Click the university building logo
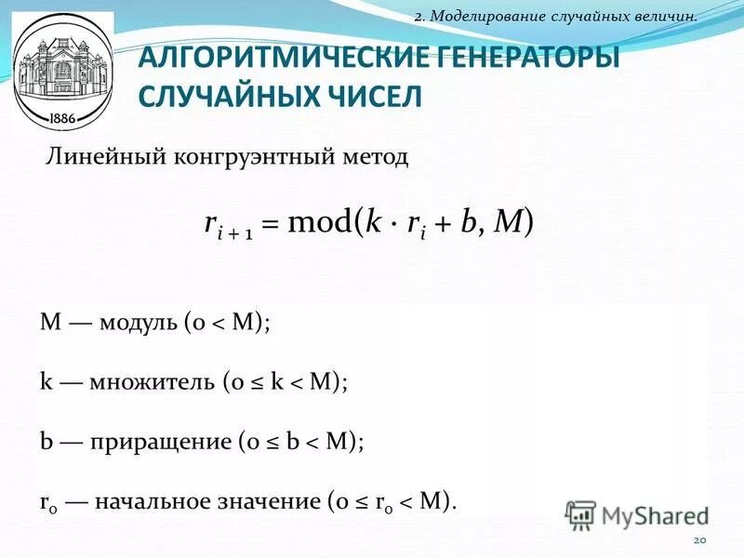pyautogui.click(x=63, y=70)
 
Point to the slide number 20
pyautogui.click(x=700, y=541)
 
